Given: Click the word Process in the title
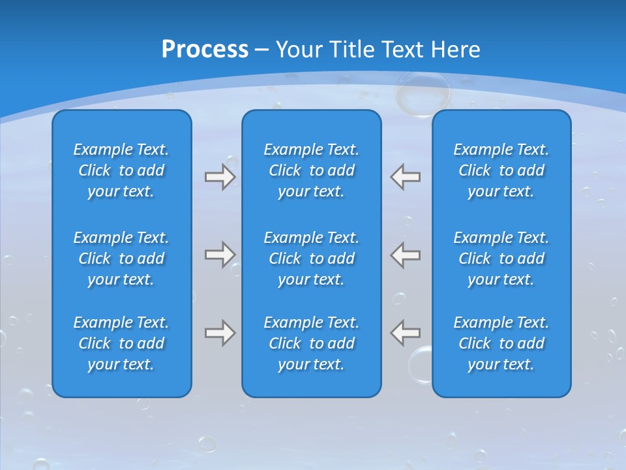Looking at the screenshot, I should click(205, 49).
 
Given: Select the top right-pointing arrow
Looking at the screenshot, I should click(220, 177).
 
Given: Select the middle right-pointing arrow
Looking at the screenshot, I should click(220, 255).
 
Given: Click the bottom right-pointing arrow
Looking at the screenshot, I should click(220, 333).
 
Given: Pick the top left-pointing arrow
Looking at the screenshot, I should click(406, 177).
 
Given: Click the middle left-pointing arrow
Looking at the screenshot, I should click(406, 255).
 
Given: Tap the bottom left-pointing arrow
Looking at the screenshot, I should click(406, 333).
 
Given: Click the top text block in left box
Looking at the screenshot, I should click(121, 170).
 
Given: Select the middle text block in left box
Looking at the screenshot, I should click(121, 258).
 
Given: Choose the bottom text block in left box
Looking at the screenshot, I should click(121, 343).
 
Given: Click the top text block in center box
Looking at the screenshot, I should click(312, 170).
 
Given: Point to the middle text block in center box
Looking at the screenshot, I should click(312, 258).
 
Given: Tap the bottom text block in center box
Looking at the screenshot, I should click(312, 343).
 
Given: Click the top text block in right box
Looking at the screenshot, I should click(501, 170).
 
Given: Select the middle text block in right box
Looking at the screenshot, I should click(501, 258).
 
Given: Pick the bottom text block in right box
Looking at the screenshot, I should click(501, 343).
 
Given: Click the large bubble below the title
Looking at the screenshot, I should click(423, 94).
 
